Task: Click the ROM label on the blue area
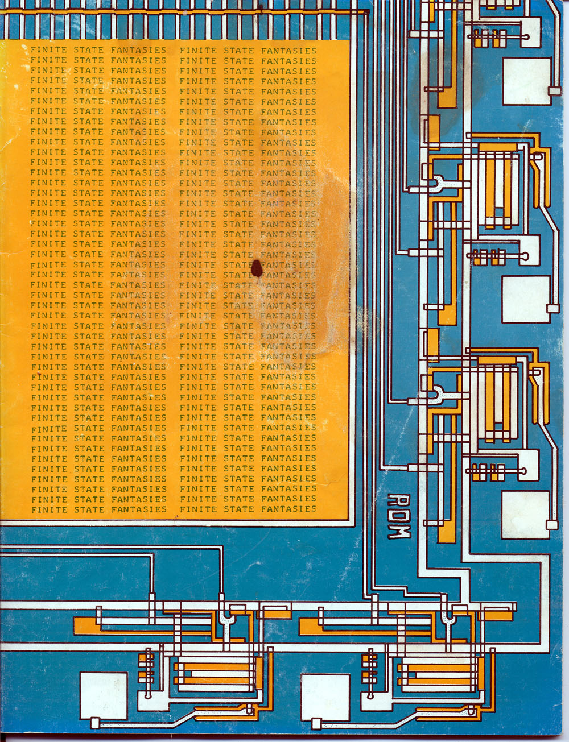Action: pyautogui.click(x=399, y=516)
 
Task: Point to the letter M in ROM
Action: pyautogui.click(x=399, y=532)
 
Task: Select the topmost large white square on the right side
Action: pyautogui.click(x=527, y=81)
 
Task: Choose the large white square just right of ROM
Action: pyautogui.click(x=525, y=515)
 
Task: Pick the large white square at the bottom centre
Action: pyautogui.click(x=325, y=698)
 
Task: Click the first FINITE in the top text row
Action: pyautogui.click(x=48, y=50)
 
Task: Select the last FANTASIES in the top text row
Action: pyautogui.click(x=288, y=51)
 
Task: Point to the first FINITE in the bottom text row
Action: pyautogui.click(x=49, y=510)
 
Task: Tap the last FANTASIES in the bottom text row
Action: pyautogui.click(x=288, y=509)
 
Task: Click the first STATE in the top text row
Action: pyautogui.click(x=88, y=50)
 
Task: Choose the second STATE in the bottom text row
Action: pyautogui.click(x=238, y=509)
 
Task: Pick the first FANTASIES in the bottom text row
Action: pyautogui.click(x=139, y=510)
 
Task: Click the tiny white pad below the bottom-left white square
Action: pyautogui.click(x=95, y=723)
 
